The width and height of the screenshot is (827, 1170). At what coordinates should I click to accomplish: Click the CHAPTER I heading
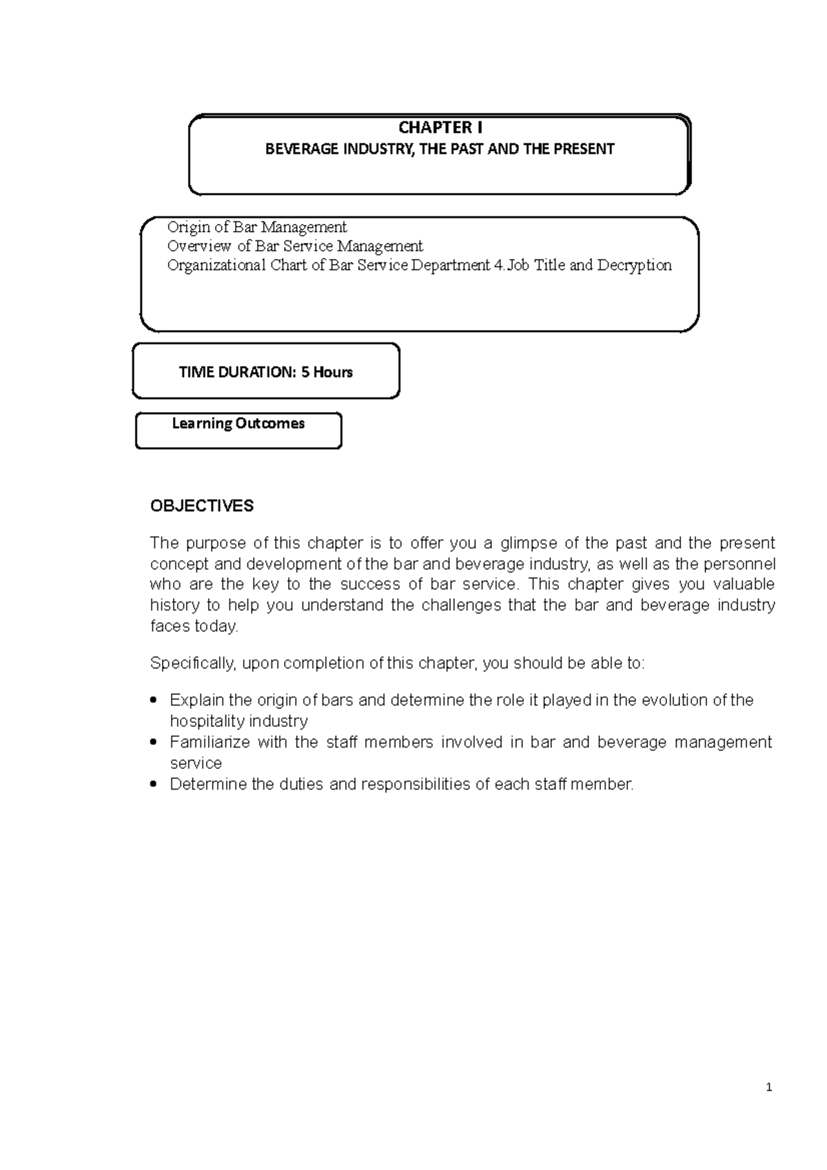coord(440,127)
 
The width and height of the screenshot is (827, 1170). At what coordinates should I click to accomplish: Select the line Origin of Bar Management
coord(257,227)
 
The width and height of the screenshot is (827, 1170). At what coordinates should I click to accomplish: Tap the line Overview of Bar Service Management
coord(295,246)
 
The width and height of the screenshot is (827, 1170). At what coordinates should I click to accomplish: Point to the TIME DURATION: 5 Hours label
coord(266,372)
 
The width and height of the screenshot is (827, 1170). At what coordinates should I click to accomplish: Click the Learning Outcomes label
coord(238,423)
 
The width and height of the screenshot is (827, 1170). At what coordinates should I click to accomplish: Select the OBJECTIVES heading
coord(202,506)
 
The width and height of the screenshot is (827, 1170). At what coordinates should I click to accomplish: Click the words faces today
coord(194,626)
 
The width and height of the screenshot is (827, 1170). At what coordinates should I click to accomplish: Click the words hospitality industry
coord(238,721)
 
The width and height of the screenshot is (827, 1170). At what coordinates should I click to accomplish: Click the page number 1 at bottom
coord(769,1088)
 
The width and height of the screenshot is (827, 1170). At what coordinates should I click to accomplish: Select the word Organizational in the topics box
coord(216,265)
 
